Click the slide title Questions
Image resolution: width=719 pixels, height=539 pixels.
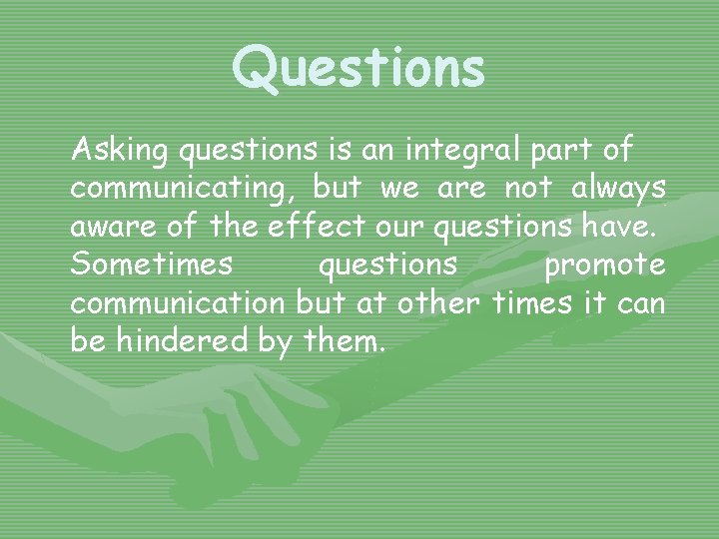(359, 68)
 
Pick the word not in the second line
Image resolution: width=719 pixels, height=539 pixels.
(529, 189)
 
